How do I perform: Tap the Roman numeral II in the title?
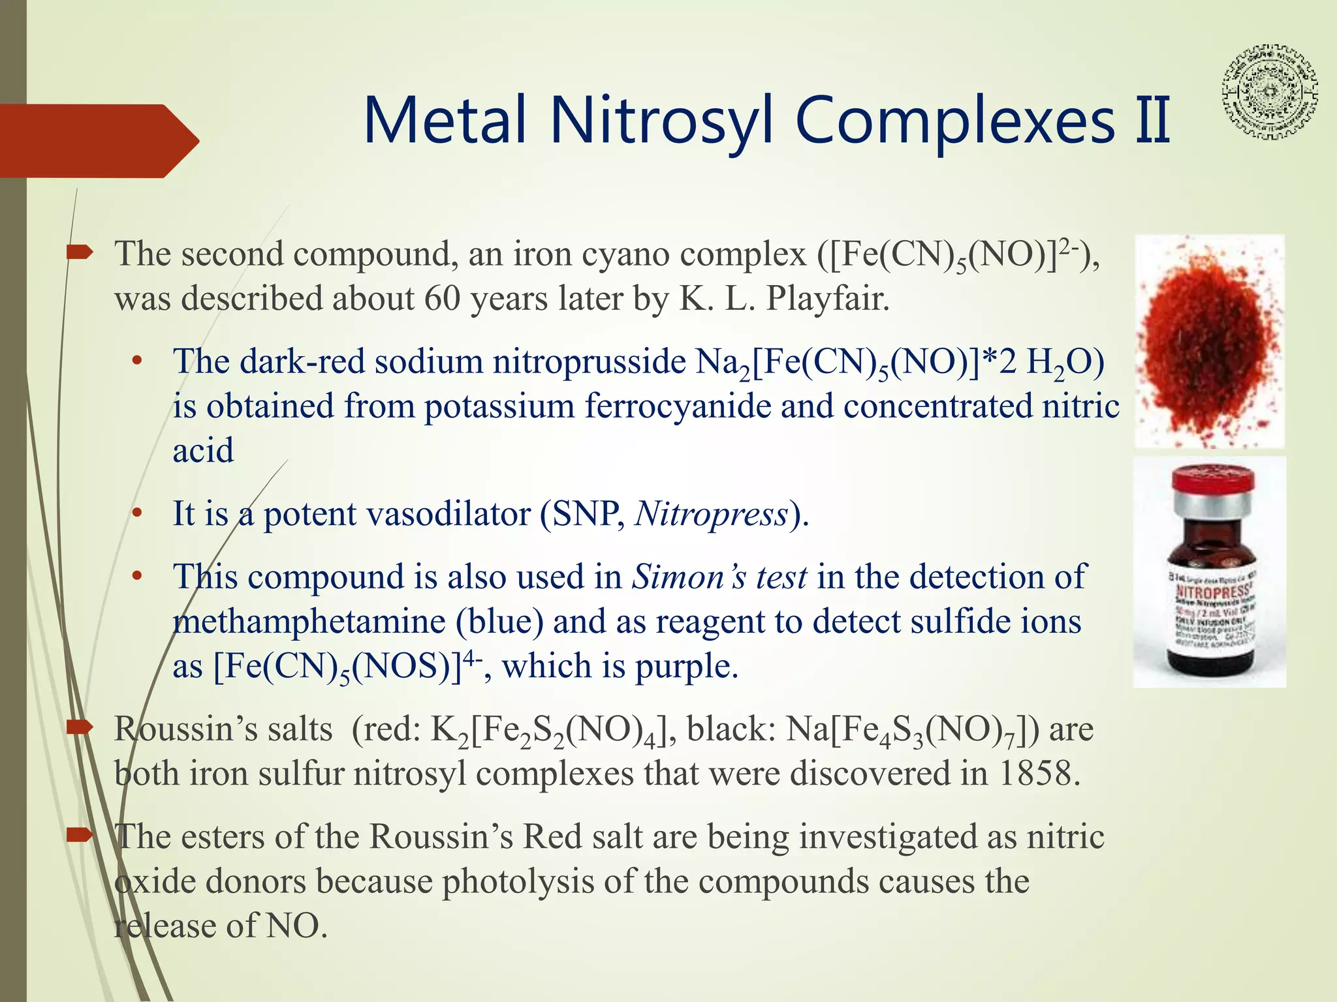coord(1153,121)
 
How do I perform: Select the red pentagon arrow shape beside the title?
coord(98,141)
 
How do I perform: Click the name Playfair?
coord(827,299)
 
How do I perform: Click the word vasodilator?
coord(449,514)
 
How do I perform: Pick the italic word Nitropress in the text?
coord(712,514)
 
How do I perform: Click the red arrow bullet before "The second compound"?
coord(80,253)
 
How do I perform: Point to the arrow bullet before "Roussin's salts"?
coord(80,728)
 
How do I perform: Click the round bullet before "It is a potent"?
coord(136,514)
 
